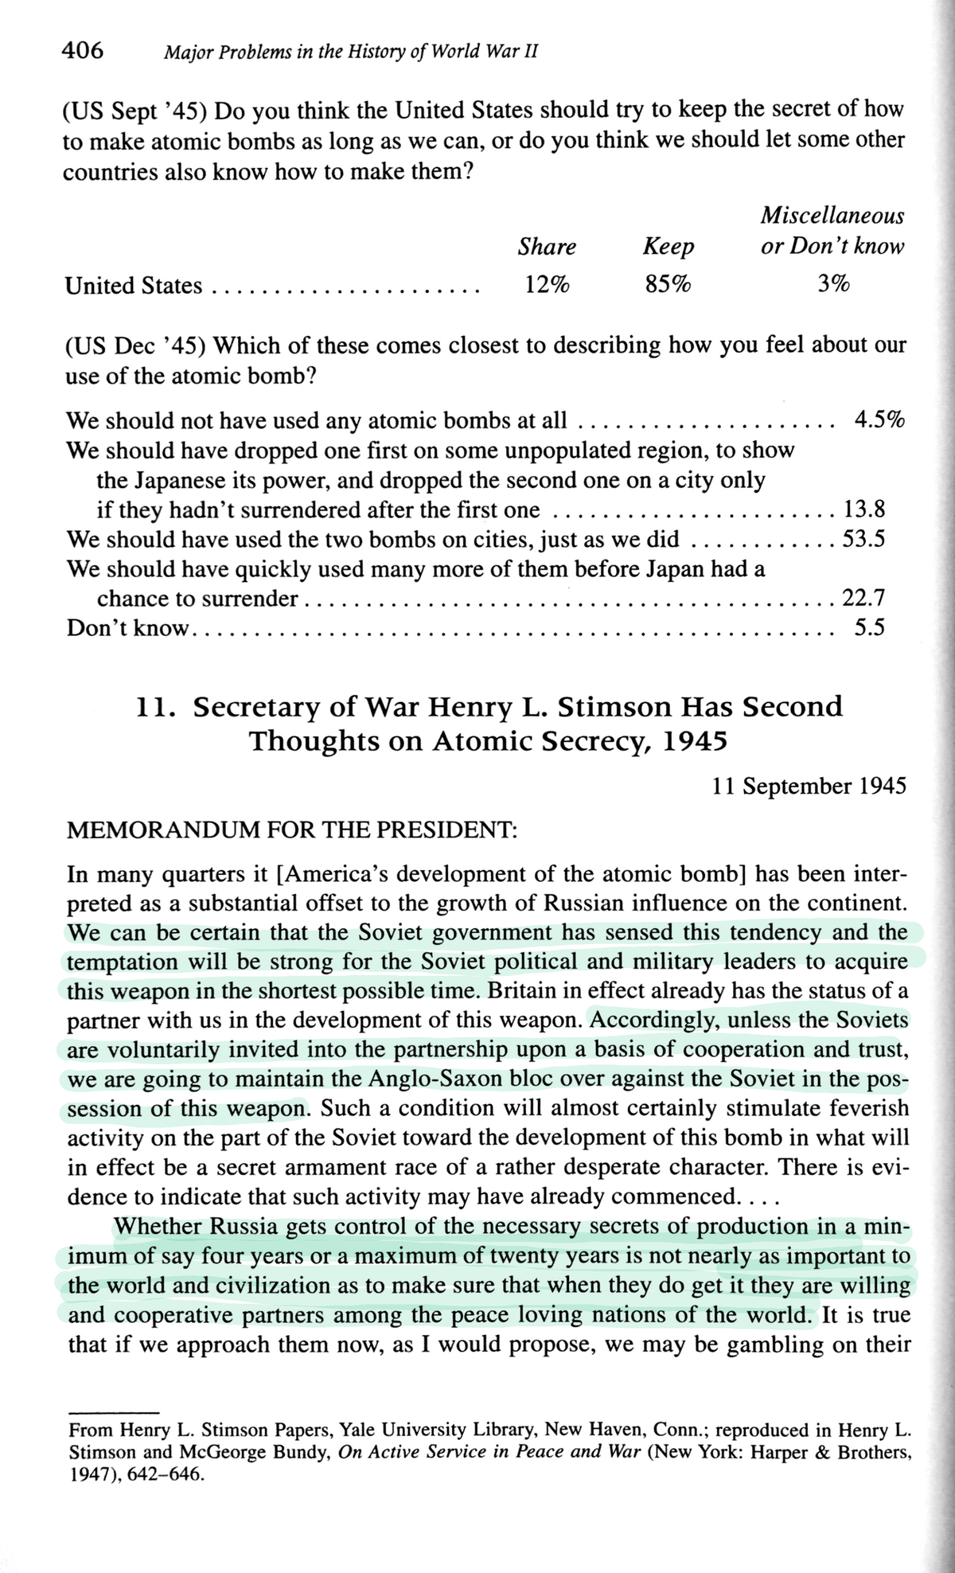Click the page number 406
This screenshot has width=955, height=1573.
pyautogui.click(x=83, y=51)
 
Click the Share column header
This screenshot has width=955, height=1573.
pyautogui.click(x=547, y=247)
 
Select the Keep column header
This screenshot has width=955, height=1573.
pyautogui.click(x=668, y=247)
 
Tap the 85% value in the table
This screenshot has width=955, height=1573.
pyautogui.click(x=668, y=284)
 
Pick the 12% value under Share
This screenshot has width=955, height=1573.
pyautogui.click(x=547, y=284)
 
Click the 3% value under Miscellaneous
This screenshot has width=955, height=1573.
pyautogui.click(x=832, y=284)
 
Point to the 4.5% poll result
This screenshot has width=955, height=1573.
pyautogui.click(x=879, y=420)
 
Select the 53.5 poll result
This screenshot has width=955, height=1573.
pyautogui.click(x=863, y=539)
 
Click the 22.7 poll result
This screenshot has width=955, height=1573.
pyautogui.click(x=863, y=598)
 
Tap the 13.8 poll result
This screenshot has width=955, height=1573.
pyautogui.click(x=863, y=509)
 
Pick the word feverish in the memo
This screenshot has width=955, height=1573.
pyautogui.click(x=865, y=1109)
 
